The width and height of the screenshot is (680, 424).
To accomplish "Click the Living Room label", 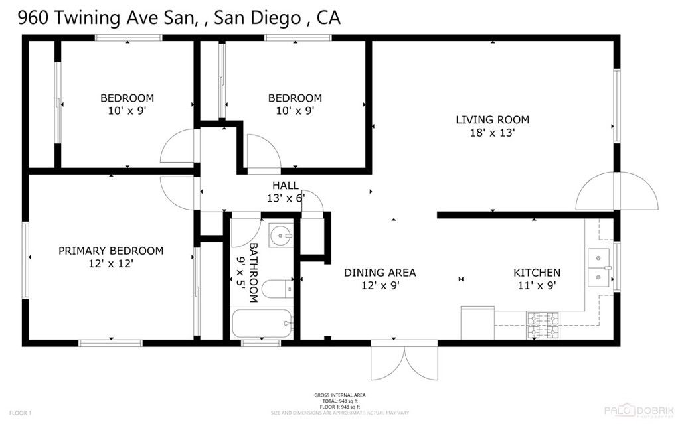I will pos(492,120).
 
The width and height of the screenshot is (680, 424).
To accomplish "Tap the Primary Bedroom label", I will pos(111,251).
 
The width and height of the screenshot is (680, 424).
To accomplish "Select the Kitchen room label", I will pos(537,273).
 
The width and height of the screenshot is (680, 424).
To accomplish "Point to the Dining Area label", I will pos(380,273).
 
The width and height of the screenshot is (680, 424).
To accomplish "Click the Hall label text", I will pos(285,186).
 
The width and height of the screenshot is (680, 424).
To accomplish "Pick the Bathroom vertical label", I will pos(253,272).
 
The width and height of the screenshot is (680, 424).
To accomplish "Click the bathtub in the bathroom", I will pos(262,325).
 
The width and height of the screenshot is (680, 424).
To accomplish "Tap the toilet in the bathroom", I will pos(275,289).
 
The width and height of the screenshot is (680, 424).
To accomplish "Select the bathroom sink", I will pos(282,235).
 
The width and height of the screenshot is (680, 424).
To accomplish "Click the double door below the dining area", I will pos(404,362).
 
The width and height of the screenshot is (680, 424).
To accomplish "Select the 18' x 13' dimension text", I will pos(492,133).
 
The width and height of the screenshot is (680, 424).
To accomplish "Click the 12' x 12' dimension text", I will pos(111,263).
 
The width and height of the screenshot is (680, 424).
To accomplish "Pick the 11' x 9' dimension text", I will pos(537,285).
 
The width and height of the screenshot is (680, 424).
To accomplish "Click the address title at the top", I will pos(179,18).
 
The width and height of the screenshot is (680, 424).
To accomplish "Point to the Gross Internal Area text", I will pos(339,395).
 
